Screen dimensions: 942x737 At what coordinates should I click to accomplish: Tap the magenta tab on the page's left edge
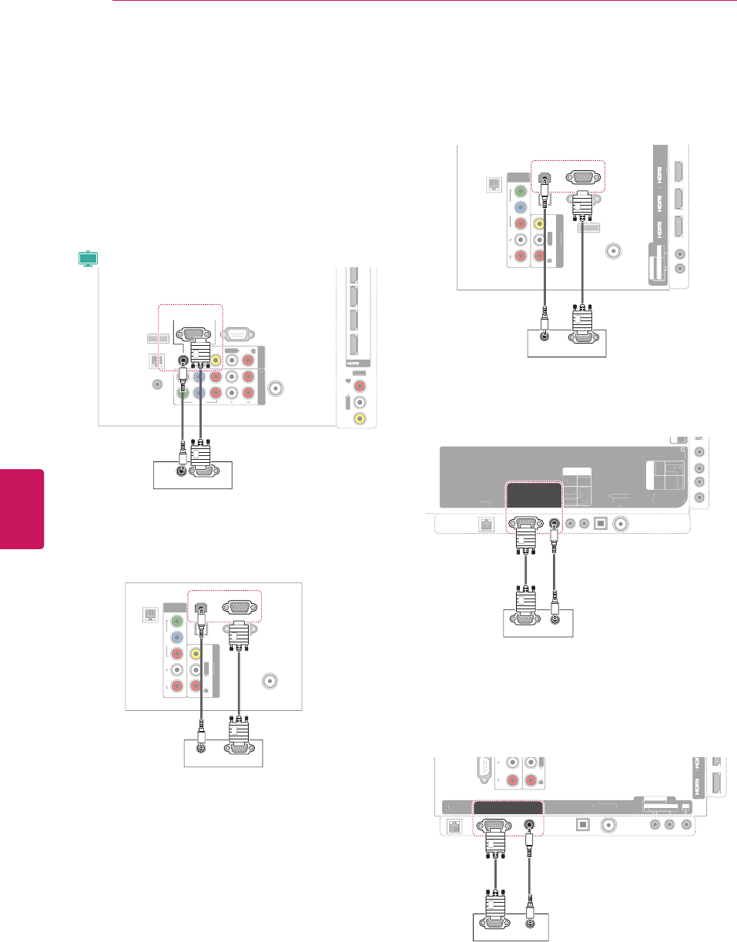click(22, 508)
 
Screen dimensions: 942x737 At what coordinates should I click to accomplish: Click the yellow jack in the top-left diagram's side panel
click(357, 418)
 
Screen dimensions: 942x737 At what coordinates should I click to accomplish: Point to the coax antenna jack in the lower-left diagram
click(271, 680)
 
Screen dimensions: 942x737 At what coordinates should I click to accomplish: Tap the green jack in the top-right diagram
click(521, 191)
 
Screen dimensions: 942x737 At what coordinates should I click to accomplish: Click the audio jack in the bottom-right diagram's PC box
click(529, 921)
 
